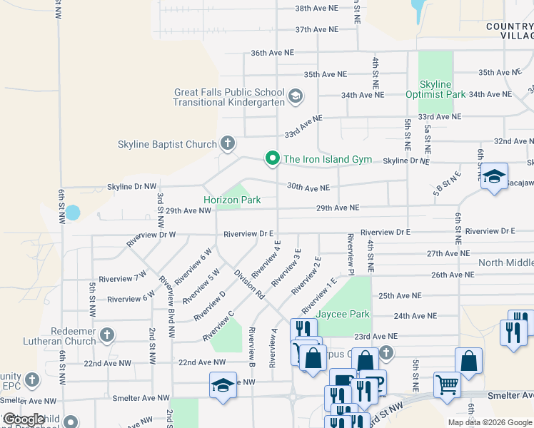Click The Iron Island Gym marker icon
(272, 158)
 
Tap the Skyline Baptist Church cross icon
(228, 144)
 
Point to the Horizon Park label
(232, 200)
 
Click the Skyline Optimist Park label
(435, 89)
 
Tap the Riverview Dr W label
(151, 239)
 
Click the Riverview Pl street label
(351, 254)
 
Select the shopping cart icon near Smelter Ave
(447, 385)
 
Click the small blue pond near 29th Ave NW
(73, 213)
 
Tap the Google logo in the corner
(24, 420)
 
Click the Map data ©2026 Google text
(489, 422)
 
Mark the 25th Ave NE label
(399, 295)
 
